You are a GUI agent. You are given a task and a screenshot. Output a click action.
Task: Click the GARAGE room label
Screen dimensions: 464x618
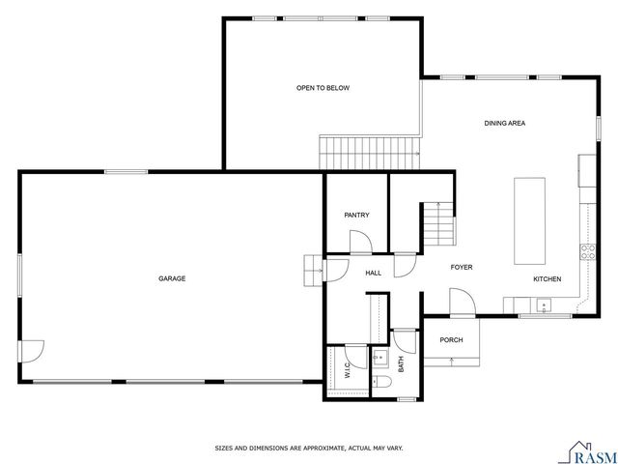[172, 278]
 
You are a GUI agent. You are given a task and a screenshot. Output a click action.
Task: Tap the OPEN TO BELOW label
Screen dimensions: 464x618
[323, 88]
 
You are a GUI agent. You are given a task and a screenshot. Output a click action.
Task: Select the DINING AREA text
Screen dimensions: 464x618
[504, 123]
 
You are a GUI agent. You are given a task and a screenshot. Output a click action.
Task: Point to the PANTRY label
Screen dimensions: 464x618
[356, 215]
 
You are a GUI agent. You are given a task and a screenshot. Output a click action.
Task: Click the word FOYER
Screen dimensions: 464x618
[461, 267]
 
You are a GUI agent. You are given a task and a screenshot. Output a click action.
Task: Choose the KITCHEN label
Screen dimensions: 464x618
[548, 279]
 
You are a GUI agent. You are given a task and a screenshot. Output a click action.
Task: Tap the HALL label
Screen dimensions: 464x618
[373, 273]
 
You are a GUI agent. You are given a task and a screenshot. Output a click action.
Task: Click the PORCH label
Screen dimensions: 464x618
[451, 339]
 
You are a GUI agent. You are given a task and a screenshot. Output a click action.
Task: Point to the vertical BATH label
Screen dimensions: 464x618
[401, 364]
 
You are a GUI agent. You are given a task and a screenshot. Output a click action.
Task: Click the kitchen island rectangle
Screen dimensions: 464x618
[529, 219]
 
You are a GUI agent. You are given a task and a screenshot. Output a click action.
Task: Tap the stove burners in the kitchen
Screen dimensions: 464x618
[585, 252]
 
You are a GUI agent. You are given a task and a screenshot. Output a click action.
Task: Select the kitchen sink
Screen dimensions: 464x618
[544, 307]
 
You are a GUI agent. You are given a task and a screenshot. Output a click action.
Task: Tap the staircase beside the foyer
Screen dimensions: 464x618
[437, 223]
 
